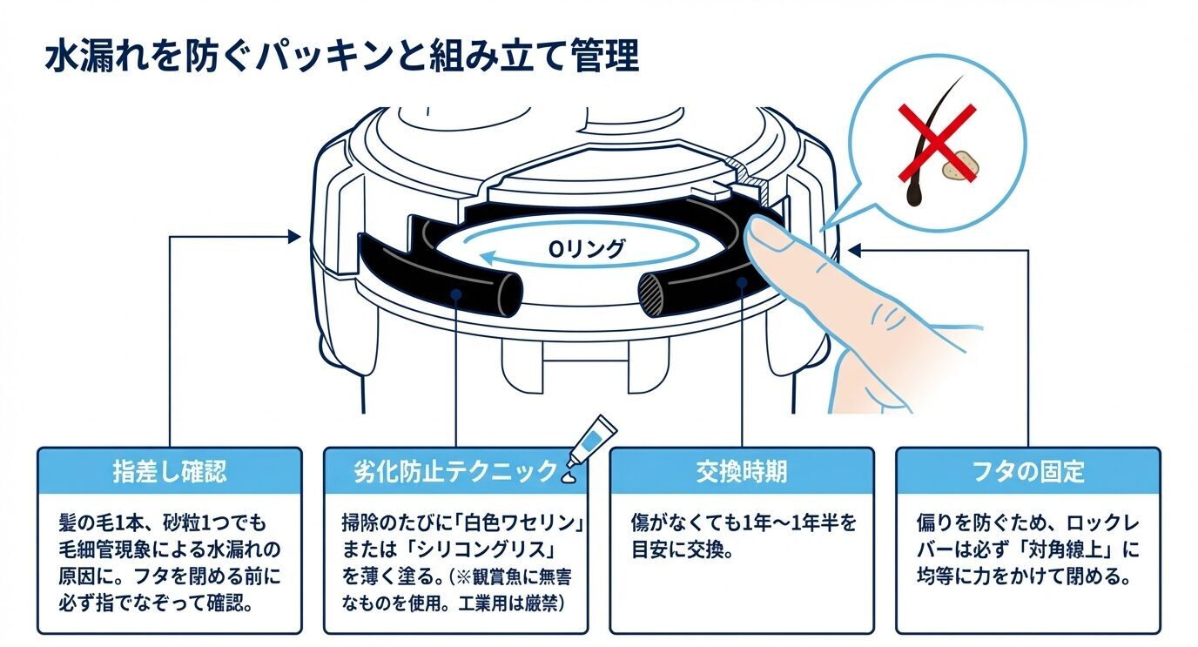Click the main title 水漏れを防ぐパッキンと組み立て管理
[x=341, y=57]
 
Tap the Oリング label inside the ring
[x=586, y=249]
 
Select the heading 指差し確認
[x=169, y=471]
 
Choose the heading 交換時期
[x=741, y=471]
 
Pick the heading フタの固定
[x=1027, y=471]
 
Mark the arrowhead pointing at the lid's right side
[x=856, y=251]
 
